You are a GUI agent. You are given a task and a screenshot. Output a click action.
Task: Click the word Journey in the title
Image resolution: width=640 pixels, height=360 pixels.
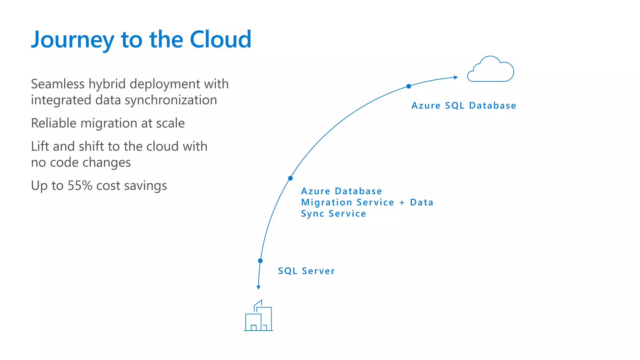click(x=72, y=40)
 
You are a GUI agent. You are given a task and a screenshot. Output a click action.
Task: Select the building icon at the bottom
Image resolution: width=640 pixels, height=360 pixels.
click(x=258, y=316)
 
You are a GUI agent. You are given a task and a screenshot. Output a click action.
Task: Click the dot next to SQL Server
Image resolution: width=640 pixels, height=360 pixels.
click(x=260, y=261)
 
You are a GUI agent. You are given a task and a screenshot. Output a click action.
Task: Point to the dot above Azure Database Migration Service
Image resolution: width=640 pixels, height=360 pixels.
click(x=290, y=178)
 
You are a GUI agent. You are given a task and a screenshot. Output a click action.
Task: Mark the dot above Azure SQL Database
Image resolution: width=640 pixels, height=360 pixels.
click(x=408, y=86)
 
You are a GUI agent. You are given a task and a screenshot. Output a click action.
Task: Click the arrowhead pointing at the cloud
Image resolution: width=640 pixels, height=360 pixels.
click(x=456, y=77)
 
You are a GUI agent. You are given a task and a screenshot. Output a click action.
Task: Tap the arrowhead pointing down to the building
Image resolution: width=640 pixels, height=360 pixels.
click(x=258, y=287)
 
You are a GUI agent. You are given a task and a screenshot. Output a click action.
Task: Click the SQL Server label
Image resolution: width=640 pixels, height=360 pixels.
click(x=306, y=271)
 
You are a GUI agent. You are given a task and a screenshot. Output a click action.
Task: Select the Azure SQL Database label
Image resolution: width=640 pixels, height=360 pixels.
click(x=464, y=106)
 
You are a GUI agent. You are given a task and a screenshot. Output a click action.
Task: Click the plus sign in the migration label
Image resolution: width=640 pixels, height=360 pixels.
click(x=402, y=203)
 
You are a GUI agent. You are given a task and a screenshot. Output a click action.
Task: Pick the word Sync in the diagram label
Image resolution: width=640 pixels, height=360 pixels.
click(x=312, y=214)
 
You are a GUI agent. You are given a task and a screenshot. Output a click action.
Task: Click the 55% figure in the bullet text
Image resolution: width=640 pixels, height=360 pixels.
click(x=80, y=186)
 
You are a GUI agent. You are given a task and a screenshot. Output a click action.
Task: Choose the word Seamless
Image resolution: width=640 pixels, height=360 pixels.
click(x=58, y=84)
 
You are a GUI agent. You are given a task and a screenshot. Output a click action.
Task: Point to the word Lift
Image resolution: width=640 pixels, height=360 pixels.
click(x=40, y=146)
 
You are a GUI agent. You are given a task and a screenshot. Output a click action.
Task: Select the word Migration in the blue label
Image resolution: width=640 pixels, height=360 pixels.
click(x=327, y=203)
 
